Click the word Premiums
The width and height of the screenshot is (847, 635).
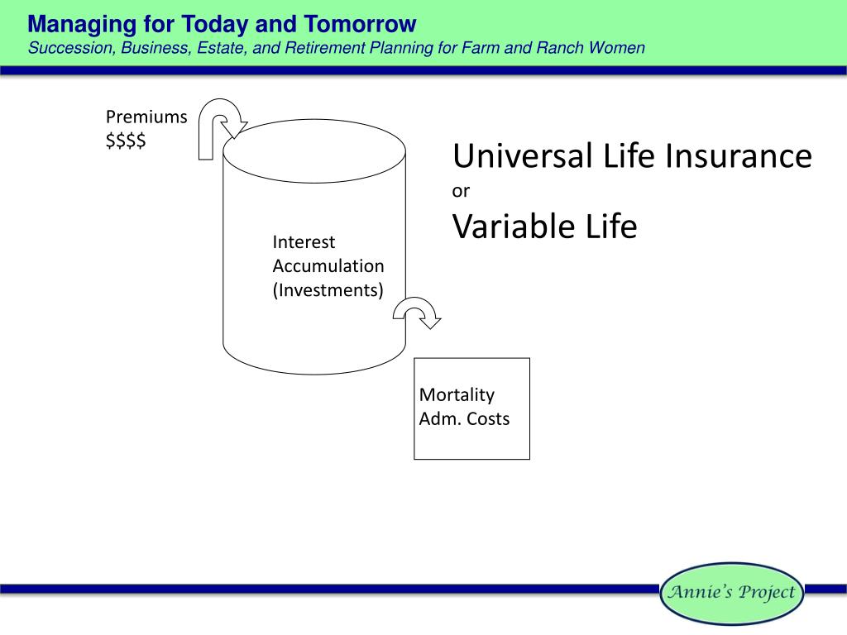[146, 117]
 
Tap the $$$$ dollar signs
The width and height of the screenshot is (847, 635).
[126, 141]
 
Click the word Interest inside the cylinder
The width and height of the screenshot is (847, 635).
[304, 242]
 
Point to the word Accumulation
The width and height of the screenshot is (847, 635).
[328, 265]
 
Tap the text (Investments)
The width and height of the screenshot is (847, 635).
[328, 290]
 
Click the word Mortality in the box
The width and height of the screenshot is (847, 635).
[457, 394]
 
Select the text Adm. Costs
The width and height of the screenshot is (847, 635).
[465, 418]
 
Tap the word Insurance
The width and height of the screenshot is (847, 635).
[739, 155]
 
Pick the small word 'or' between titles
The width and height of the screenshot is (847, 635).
[461, 191]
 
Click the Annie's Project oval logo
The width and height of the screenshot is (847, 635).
[732, 593]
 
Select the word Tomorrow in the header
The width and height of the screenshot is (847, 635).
[360, 24]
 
